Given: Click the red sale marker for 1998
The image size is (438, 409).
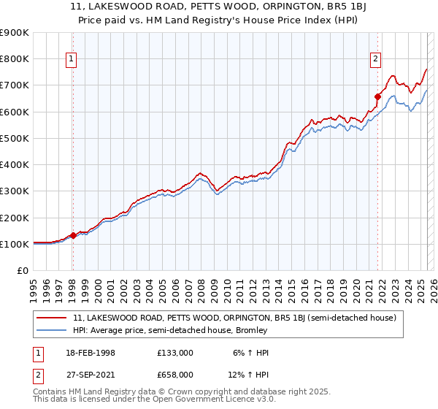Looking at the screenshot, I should (x=73, y=236).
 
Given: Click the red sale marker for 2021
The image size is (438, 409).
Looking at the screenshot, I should (x=377, y=96).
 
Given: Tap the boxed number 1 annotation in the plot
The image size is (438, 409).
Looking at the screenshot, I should (x=73, y=60).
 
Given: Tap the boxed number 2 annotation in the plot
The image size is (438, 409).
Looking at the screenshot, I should (x=375, y=60).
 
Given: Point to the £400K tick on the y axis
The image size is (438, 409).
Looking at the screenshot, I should (x=16, y=164).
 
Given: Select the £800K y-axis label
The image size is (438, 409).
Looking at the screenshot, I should (x=16, y=58).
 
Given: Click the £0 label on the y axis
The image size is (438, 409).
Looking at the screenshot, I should (x=22, y=271).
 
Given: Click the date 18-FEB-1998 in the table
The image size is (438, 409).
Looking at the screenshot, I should (x=82, y=352).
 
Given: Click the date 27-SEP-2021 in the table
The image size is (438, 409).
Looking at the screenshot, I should (x=82, y=374).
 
